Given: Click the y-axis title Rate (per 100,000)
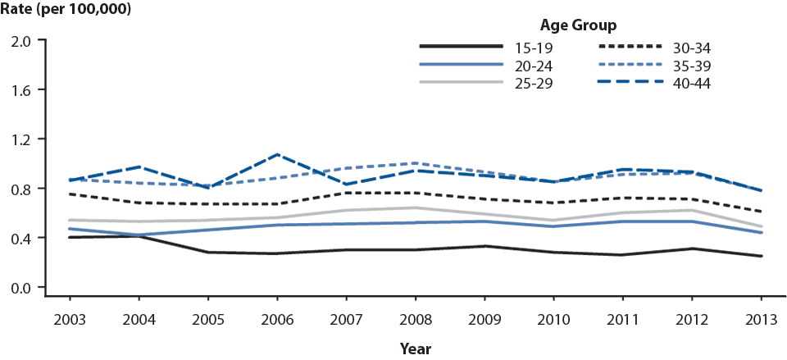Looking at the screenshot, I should [66, 11].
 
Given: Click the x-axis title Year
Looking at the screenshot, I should [416, 349].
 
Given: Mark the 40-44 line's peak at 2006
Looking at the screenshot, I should [277, 154].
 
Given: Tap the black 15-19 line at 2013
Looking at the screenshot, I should [762, 256].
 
